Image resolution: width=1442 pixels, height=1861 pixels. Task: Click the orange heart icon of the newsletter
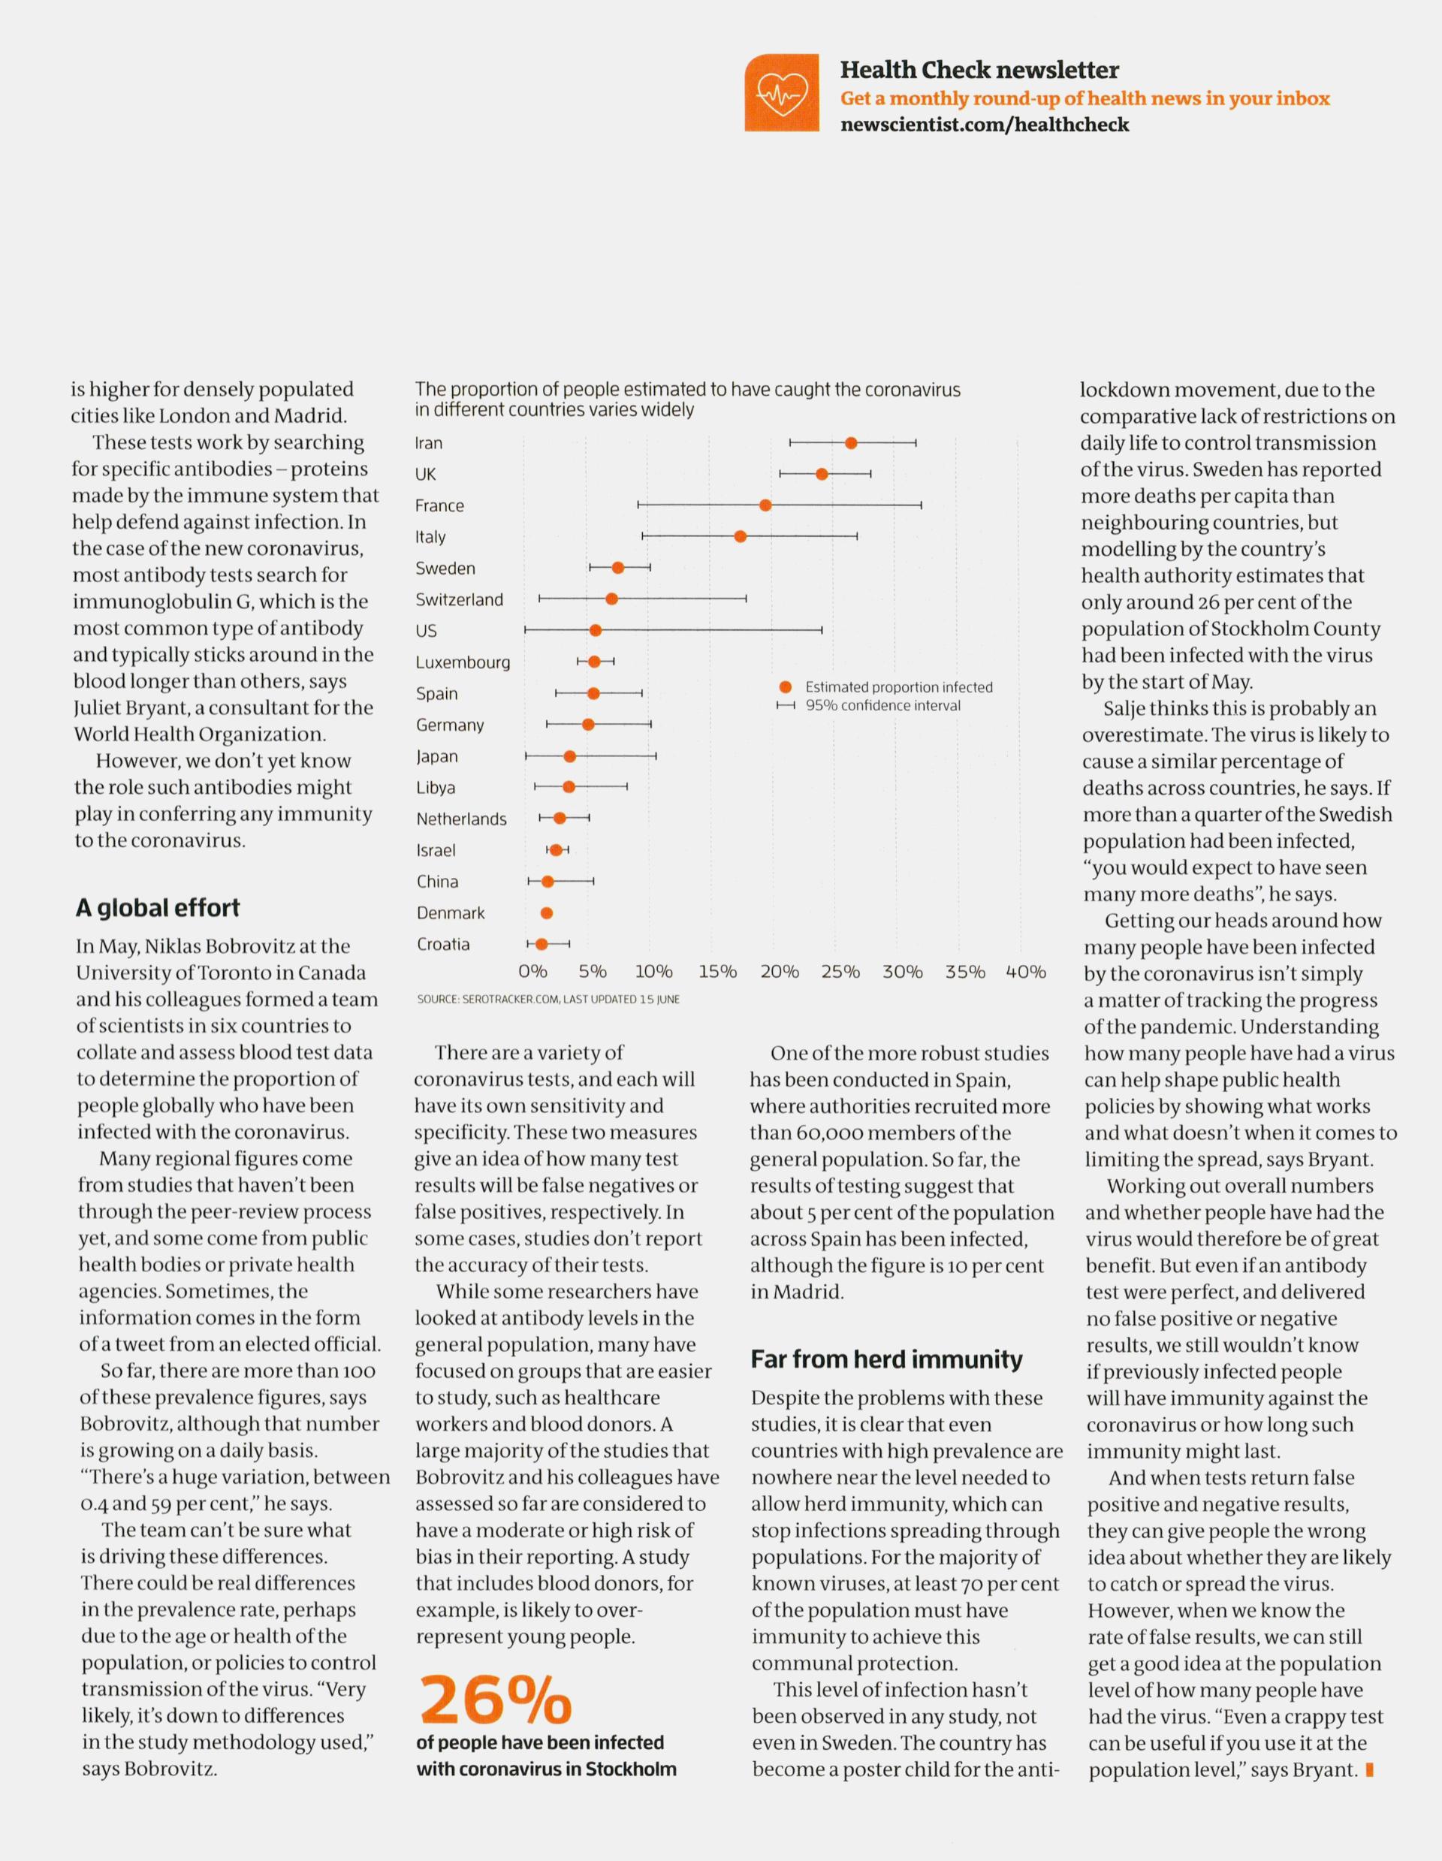(780, 93)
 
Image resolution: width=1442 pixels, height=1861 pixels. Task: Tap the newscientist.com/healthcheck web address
(985, 125)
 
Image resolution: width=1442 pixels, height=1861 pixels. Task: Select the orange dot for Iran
(850, 442)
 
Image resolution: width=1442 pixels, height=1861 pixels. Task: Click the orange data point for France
(765, 505)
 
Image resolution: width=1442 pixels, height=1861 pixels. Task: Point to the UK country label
(425, 474)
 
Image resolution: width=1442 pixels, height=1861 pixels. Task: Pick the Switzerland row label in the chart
(460, 600)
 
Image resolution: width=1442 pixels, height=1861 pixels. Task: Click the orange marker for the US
(596, 631)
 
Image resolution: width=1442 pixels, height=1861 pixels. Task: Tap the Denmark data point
(548, 912)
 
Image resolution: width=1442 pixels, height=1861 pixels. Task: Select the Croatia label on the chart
(443, 944)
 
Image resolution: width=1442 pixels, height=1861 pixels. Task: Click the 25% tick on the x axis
(840, 971)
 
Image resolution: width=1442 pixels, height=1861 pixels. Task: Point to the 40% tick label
(1026, 971)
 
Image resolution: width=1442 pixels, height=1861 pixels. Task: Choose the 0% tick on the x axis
(532, 971)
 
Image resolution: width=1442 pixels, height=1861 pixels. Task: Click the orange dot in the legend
(785, 686)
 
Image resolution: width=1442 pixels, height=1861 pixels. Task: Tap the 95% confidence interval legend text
(883, 705)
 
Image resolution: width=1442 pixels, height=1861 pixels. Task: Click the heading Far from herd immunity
(886, 1359)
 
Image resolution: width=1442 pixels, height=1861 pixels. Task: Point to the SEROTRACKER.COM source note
(548, 999)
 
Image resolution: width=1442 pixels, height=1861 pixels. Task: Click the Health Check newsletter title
(979, 70)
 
